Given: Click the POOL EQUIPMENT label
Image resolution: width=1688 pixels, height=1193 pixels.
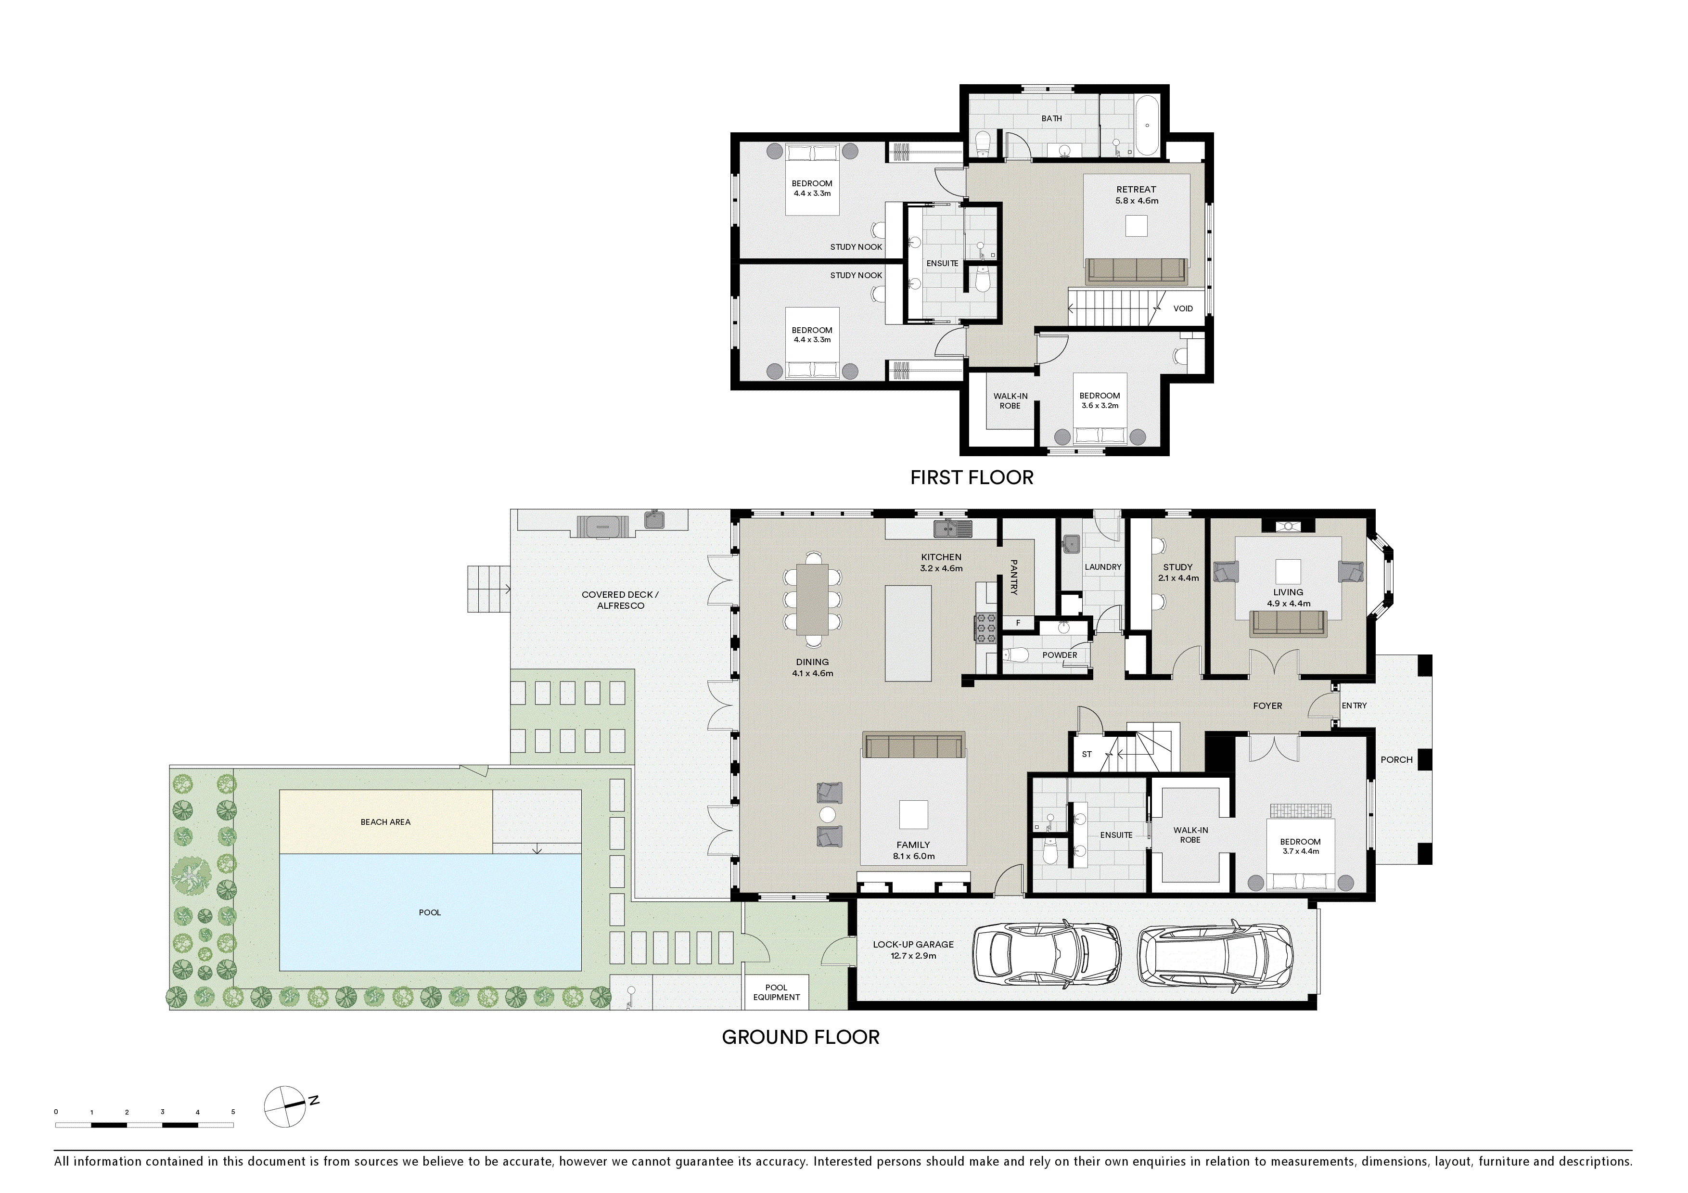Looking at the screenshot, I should pyautogui.click(x=776, y=992).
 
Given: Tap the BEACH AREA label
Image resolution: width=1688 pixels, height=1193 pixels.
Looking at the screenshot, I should pyautogui.click(x=385, y=822).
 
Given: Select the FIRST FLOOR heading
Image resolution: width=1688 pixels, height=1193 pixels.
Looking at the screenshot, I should pyautogui.click(x=971, y=478).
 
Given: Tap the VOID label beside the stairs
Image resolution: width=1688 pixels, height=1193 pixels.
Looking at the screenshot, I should pyautogui.click(x=1183, y=309).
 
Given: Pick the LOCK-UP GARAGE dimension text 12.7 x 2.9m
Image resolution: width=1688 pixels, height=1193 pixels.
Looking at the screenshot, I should pyautogui.click(x=913, y=956).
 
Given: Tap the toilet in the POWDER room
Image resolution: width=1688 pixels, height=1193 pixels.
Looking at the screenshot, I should pyautogui.click(x=1016, y=655).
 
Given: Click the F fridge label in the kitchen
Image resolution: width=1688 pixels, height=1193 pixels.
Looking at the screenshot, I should pyautogui.click(x=1018, y=623).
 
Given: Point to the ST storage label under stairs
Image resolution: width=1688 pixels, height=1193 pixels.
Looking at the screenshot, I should pyautogui.click(x=1087, y=754).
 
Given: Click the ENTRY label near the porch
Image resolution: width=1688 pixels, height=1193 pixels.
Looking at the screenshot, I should pyautogui.click(x=1354, y=706).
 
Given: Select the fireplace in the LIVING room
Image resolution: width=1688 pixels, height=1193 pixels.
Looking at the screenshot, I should pyautogui.click(x=1288, y=526).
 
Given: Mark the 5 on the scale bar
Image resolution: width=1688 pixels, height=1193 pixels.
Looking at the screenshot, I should pyautogui.click(x=233, y=1112).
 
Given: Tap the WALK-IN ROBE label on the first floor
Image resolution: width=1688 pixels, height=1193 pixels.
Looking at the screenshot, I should pyautogui.click(x=1010, y=400).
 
